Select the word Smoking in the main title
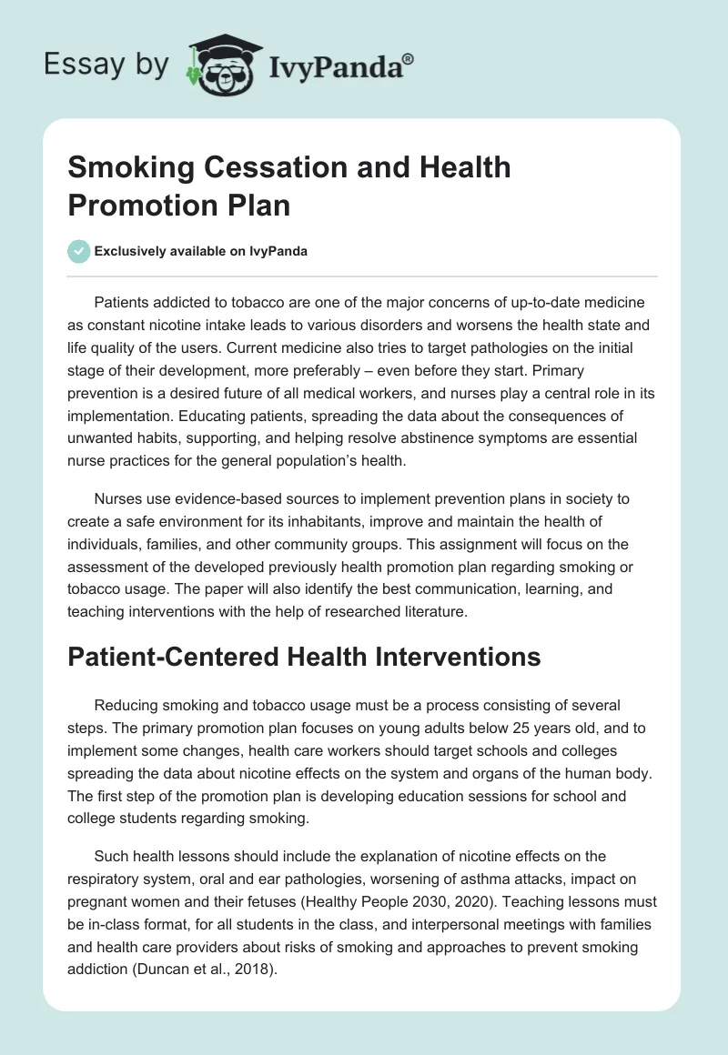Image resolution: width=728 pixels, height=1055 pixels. (121, 167)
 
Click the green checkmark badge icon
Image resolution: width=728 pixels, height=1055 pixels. (78, 252)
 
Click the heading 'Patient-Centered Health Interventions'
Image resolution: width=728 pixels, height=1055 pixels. (304, 657)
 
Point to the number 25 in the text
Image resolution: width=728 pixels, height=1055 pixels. (432, 728)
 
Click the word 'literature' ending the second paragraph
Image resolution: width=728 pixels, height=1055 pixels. (430, 612)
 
